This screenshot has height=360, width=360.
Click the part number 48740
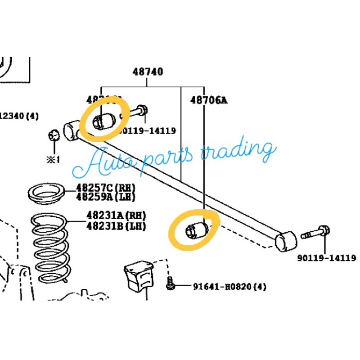[148, 72]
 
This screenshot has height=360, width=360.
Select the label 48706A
[208, 101]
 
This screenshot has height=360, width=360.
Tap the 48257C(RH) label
[105, 188]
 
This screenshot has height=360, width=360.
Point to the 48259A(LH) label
[105, 197]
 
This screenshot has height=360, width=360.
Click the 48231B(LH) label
[117, 225]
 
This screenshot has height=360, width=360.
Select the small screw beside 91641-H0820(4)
[171, 283]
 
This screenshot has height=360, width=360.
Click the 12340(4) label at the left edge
[19, 116]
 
